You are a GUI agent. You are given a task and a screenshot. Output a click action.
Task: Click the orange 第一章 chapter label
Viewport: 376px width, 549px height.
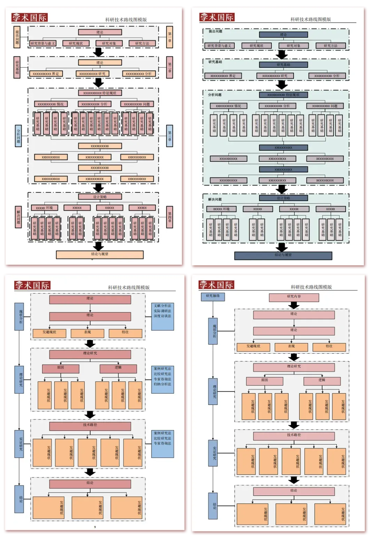[x=170, y=37]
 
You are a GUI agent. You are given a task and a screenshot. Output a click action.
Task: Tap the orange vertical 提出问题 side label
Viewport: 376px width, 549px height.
[x=17, y=37]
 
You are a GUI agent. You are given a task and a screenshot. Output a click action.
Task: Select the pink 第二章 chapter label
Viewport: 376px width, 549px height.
[x=170, y=67]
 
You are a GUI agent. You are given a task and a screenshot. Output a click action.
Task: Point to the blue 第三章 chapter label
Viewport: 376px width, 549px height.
[x=170, y=136]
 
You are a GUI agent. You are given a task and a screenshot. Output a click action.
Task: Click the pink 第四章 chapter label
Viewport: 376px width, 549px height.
[x=170, y=217]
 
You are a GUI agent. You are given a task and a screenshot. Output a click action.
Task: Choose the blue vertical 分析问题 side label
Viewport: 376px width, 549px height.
[x=18, y=136]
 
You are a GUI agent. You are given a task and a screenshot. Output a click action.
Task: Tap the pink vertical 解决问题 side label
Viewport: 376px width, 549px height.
[x=18, y=217]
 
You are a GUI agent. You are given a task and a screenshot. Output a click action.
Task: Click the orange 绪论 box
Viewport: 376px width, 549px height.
[x=100, y=63]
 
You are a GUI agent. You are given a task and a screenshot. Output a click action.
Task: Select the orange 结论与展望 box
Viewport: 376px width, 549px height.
[x=100, y=254]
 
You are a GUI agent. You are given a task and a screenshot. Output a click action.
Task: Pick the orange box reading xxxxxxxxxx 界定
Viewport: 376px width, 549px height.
[x=46, y=74]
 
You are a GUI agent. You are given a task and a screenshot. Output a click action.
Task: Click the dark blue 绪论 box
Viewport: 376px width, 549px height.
[x=283, y=34]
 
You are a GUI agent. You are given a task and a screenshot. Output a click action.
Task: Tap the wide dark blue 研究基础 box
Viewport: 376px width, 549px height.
[x=283, y=65]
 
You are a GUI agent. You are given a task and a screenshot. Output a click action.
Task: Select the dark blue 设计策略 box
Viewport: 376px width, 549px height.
[x=283, y=198]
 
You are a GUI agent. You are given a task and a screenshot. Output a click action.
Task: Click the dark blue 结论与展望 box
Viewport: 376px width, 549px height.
[x=283, y=256]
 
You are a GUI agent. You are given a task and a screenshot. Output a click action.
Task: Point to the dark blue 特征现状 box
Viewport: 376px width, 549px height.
[x=283, y=95]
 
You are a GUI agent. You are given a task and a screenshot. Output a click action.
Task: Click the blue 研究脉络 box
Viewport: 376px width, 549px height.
[x=213, y=296]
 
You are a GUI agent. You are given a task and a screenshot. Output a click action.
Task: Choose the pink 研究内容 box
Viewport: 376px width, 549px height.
[x=294, y=297]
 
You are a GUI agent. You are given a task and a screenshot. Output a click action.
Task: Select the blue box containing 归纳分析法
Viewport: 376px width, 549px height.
[x=163, y=379]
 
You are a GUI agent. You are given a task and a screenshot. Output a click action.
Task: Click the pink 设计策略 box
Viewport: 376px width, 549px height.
[x=100, y=197]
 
